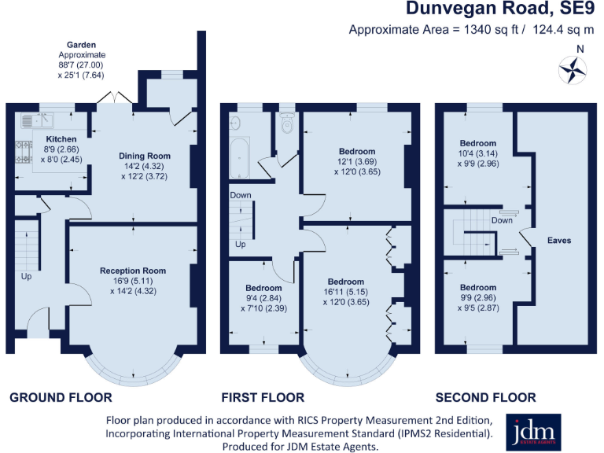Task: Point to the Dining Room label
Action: [144, 155]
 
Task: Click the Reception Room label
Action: [144, 271]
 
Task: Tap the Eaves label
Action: [559, 240]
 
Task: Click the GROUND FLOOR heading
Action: [61, 397]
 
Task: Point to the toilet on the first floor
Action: [286, 123]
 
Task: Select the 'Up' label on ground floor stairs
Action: [26, 277]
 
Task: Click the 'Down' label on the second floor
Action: [502, 220]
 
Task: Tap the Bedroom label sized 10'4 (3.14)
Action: [478, 143]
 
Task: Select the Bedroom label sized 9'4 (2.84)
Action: [263, 288]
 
